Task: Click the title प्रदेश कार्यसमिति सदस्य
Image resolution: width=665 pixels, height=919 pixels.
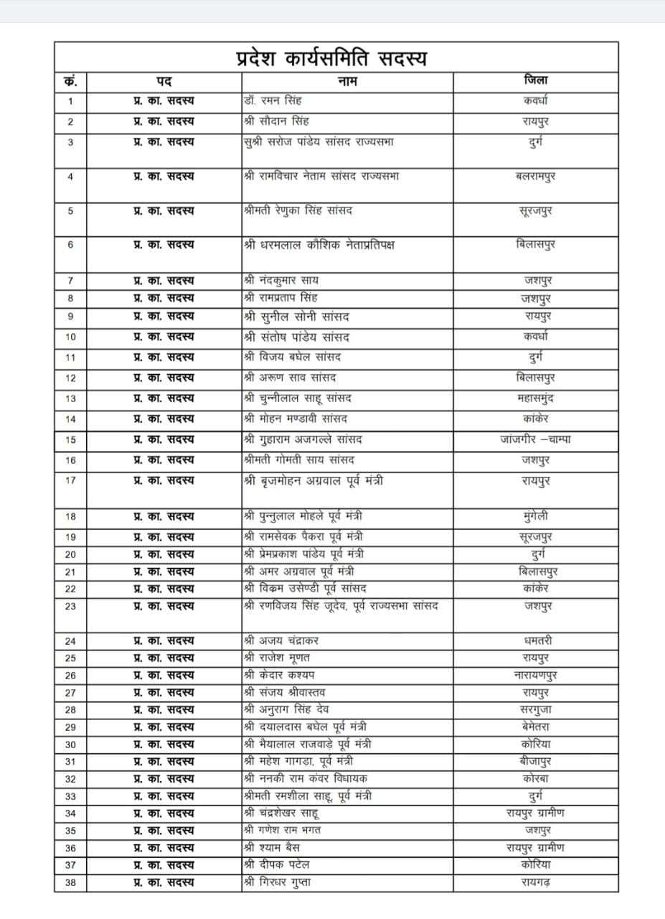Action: coord(331,57)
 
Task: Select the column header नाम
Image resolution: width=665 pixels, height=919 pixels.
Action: coord(347,81)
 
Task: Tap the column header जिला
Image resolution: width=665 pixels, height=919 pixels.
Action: coord(536,80)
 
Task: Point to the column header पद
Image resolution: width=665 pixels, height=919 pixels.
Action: coord(164,81)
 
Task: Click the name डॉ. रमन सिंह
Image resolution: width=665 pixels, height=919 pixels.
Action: coord(273,101)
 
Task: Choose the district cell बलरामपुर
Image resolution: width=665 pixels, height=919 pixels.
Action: coord(536,176)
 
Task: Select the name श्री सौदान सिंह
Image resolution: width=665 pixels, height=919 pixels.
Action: coord(276,121)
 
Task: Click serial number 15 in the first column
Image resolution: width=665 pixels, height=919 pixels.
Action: coord(70,440)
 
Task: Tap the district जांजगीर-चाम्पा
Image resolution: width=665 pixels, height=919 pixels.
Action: coord(536,439)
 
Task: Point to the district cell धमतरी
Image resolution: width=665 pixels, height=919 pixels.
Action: coord(536,640)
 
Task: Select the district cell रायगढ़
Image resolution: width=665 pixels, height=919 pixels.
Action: coord(536,882)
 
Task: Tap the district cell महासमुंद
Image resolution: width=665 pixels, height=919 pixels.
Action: coord(536,398)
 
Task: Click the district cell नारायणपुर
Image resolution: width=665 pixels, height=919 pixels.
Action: coord(536,675)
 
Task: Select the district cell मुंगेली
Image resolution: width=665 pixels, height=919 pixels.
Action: coord(536,516)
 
